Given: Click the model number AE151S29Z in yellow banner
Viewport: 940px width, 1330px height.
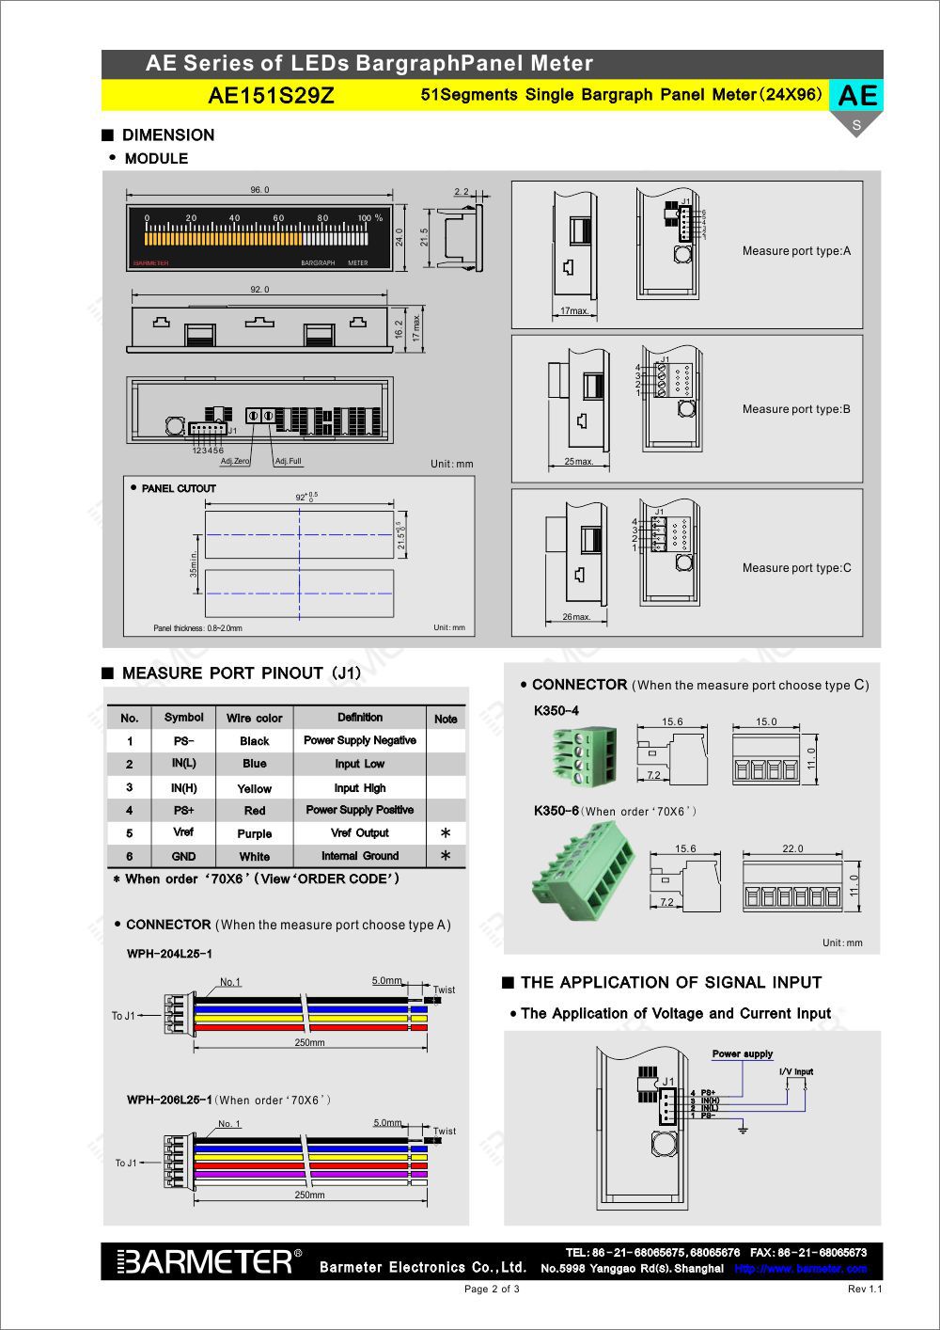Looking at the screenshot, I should [x=271, y=95].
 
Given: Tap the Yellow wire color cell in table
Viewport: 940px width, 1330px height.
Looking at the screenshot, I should [x=254, y=788].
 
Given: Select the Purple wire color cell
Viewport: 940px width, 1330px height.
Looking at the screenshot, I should [x=254, y=833].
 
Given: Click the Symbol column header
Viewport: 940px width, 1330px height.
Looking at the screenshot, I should [x=183, y=718].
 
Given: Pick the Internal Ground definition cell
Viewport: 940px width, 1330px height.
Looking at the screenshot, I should [x=360, y=856].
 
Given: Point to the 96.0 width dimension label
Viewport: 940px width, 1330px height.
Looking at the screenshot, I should [x=259, y=190].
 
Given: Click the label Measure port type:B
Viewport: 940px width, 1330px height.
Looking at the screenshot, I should [x=795, y=409].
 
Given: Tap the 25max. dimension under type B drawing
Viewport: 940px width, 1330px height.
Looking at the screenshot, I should [x=578, y=462].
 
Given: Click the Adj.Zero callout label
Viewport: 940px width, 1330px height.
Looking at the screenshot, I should [x=235, y=462].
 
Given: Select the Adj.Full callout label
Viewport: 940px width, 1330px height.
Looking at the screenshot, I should [x=289, y=462].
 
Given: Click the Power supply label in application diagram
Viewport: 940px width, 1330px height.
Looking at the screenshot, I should [x=743, y=1053].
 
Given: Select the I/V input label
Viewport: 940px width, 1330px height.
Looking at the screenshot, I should [x=796, y=1071].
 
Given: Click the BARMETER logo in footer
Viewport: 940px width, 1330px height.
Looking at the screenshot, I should [x=209, y=1261].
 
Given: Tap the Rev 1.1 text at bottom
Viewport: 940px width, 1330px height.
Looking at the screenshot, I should [x=864, y=1289].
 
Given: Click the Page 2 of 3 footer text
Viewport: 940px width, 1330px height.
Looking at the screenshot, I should [x=492, y=1289].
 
